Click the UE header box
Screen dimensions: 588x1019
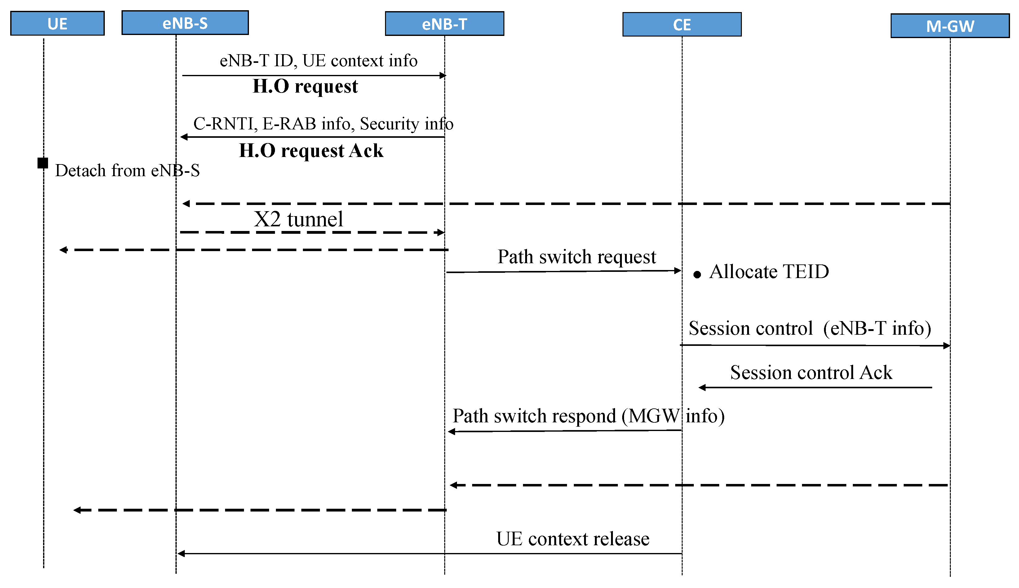(x=57, y=24)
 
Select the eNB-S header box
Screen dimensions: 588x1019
(x=185, y=23)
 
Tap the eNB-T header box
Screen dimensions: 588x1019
(x=444, y=24)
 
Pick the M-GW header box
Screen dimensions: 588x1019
(x=950, y=26)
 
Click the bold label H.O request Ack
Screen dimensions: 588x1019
(x=311, y=150)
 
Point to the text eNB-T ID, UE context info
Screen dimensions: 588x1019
(x=318, y=61)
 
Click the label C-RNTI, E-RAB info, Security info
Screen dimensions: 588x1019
(x=323, y=124)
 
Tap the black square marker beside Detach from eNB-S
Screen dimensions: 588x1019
(x=43, y=163)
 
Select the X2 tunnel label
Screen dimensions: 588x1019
(x=298, y=219)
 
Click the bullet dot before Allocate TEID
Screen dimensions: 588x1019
(x=697, y=275)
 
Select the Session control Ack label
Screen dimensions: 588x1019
(x=811, y=372)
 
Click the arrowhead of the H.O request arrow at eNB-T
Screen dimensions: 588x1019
(x=443, y=76)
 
